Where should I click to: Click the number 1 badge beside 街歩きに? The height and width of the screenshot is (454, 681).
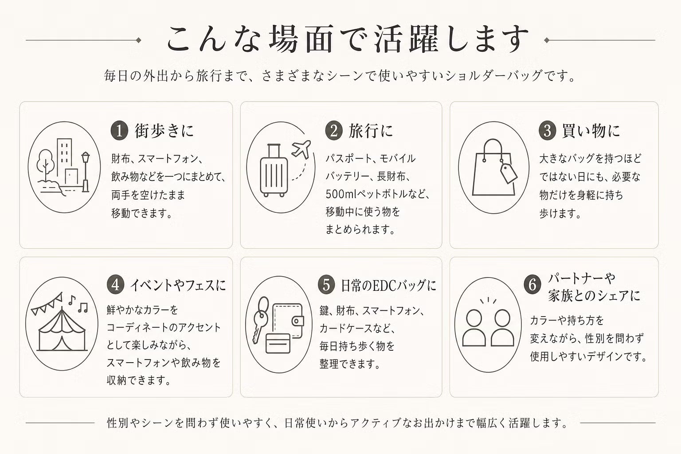(119, 131)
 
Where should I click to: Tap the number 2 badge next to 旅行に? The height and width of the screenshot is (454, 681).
(334, 131)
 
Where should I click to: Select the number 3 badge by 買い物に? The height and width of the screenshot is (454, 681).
(548, 131)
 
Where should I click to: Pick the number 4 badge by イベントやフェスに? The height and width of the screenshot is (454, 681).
(116, 285)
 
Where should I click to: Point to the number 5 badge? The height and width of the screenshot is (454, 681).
(326, 285)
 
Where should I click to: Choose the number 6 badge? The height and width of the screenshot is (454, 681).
(532, 285)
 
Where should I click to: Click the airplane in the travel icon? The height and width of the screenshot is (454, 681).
(301, 149)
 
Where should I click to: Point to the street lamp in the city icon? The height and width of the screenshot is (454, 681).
(86, 172)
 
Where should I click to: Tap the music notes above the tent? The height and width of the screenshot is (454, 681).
(78, 305)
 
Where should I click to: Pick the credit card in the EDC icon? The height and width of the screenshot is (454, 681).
(278, 343)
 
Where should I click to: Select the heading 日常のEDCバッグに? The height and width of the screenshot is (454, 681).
(388, 285)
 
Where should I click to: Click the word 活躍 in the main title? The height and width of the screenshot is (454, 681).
(407, 39)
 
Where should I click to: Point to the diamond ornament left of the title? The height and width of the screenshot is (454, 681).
(139, 40)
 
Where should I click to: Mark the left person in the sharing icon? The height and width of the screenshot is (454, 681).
(474, 328)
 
